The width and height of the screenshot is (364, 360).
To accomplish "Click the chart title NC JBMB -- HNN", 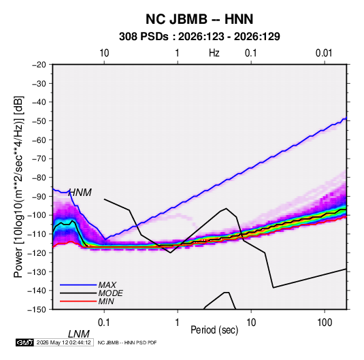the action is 199,19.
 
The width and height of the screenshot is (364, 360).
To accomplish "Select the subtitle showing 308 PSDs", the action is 199,37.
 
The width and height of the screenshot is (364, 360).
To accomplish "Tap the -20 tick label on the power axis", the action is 39,65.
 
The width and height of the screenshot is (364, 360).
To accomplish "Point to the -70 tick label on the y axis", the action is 39,159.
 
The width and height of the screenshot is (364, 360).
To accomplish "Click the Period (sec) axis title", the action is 214,330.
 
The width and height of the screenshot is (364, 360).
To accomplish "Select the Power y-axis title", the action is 18,187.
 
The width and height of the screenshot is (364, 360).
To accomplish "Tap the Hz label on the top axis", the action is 214,53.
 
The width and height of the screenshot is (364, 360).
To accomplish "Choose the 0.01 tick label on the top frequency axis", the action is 324,53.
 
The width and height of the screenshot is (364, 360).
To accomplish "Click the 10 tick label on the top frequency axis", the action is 104,53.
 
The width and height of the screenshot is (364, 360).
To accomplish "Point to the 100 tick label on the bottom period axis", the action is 325,323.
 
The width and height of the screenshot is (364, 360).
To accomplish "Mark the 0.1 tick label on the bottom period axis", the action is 103,323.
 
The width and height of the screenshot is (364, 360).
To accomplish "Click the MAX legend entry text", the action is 107,285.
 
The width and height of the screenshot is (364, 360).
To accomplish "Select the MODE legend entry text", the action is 110,293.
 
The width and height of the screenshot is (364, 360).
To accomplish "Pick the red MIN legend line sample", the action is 78,301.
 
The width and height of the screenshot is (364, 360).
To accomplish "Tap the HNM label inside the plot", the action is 80,193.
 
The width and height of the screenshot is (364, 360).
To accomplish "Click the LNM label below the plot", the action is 79,334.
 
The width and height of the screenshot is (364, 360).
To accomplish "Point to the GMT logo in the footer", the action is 25,342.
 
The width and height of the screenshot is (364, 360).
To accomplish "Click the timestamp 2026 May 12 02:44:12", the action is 63,342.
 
